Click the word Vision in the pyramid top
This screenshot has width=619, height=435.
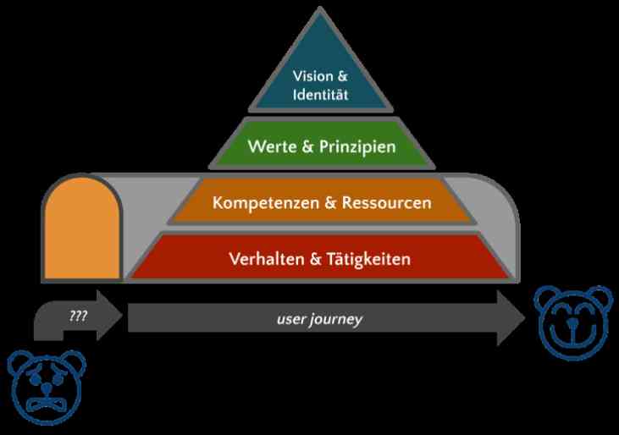pos(313,76)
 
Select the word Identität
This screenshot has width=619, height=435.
pos(321,95)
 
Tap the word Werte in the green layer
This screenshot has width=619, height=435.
pos(272,146)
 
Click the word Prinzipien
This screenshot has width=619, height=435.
pos(357,146)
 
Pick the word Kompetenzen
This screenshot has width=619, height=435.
pos(266,203)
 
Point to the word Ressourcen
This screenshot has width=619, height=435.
pos(386,203)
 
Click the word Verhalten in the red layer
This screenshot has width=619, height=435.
pos(267,259)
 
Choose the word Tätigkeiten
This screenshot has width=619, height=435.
pos(368,259)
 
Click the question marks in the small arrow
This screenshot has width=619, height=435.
pos(78,317)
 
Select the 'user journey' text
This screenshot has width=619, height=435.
pos(319,319)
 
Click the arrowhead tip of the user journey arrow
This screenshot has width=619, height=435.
pos(525,318)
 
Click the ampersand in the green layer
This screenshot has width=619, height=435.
pos(307,146)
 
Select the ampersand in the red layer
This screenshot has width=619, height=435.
pos(315,259)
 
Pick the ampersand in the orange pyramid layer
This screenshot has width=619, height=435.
pos(330,203)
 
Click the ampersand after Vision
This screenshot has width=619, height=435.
pos(342,76)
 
